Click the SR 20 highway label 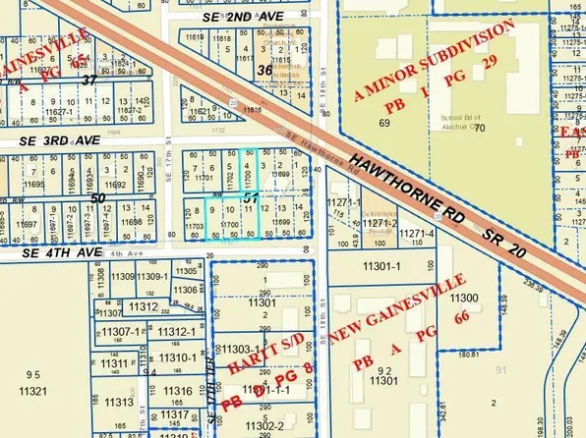click(x=507, y=239)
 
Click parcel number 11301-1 click(x=375, y=265)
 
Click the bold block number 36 click(x=264, y=71)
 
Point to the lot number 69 click(x=383, y=123)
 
